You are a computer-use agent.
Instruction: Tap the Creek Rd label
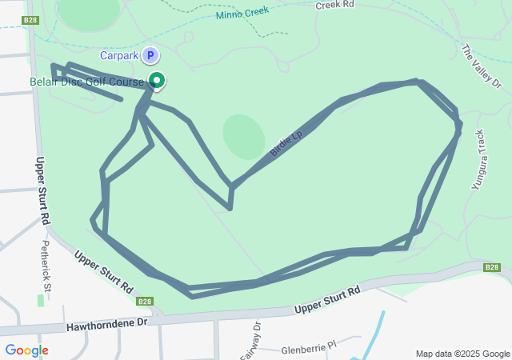pos(334,5)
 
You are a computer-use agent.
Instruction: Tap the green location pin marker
pos(158,80)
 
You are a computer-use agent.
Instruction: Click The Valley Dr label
pos(480,66)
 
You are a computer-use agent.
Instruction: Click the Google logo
pos(26,350)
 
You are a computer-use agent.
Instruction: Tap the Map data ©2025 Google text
pos(462,354)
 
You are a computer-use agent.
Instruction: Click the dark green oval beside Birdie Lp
pos(243,136)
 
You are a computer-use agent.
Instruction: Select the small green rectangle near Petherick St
pos(41,300)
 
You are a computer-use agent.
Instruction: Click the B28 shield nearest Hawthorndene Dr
pos(144,301)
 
